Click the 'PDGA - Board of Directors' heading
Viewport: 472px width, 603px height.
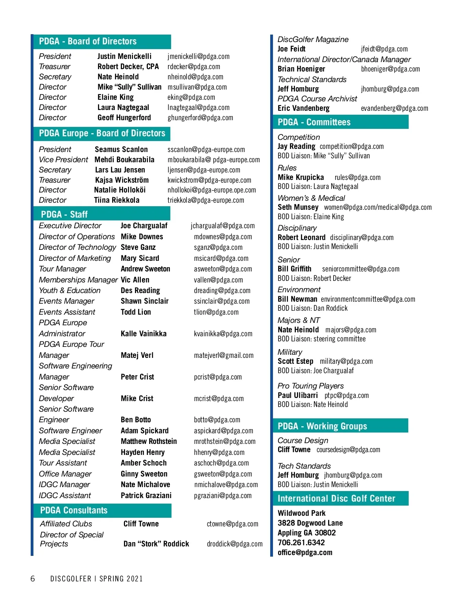88,41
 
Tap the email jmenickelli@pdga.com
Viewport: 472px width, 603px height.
198,57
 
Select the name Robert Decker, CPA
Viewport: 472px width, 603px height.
128,67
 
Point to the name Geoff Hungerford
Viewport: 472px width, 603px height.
124,118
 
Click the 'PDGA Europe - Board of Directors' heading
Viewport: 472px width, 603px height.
102,134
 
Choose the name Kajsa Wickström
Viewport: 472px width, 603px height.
122,180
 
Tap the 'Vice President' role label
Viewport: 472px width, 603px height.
63,160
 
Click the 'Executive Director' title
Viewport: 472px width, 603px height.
70,226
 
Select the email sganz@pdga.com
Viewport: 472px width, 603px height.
218,247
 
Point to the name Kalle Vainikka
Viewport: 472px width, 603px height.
144,334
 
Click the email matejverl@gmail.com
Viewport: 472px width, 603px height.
223,356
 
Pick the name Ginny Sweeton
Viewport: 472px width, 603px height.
144,474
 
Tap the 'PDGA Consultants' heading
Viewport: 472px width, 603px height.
74,510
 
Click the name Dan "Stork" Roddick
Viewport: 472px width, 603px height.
156,544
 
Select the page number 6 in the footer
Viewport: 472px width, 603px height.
33,579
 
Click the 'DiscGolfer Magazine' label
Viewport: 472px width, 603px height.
313,40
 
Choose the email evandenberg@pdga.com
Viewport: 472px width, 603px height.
394,108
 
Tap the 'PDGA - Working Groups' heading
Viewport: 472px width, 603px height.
322,426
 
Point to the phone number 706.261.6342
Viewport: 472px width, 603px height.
301,543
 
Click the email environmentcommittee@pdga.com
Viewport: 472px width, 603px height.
368,299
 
